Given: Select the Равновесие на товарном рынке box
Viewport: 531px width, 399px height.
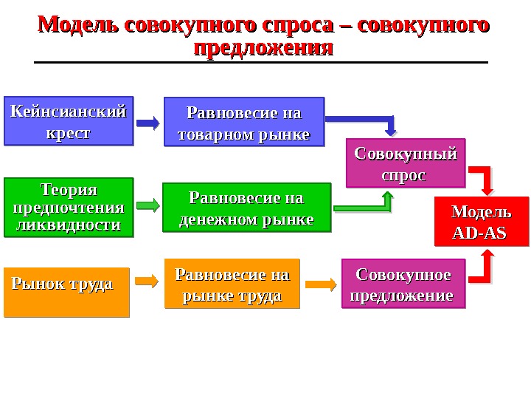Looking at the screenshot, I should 243,122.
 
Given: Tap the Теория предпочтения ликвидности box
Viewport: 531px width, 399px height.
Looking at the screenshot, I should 69,207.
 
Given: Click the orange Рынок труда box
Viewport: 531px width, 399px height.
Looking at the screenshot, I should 66,292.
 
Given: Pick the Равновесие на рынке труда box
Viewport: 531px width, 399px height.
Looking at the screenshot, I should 232,283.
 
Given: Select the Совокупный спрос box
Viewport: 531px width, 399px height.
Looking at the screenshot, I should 406,163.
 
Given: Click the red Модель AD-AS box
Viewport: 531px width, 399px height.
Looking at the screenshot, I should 482,221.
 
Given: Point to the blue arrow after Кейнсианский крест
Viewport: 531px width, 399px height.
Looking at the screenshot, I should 147,123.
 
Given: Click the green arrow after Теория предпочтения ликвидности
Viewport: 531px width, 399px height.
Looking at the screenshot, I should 147,205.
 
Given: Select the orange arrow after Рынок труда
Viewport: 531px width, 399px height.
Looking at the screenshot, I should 147,281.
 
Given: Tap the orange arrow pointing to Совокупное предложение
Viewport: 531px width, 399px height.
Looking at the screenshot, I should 321,283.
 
